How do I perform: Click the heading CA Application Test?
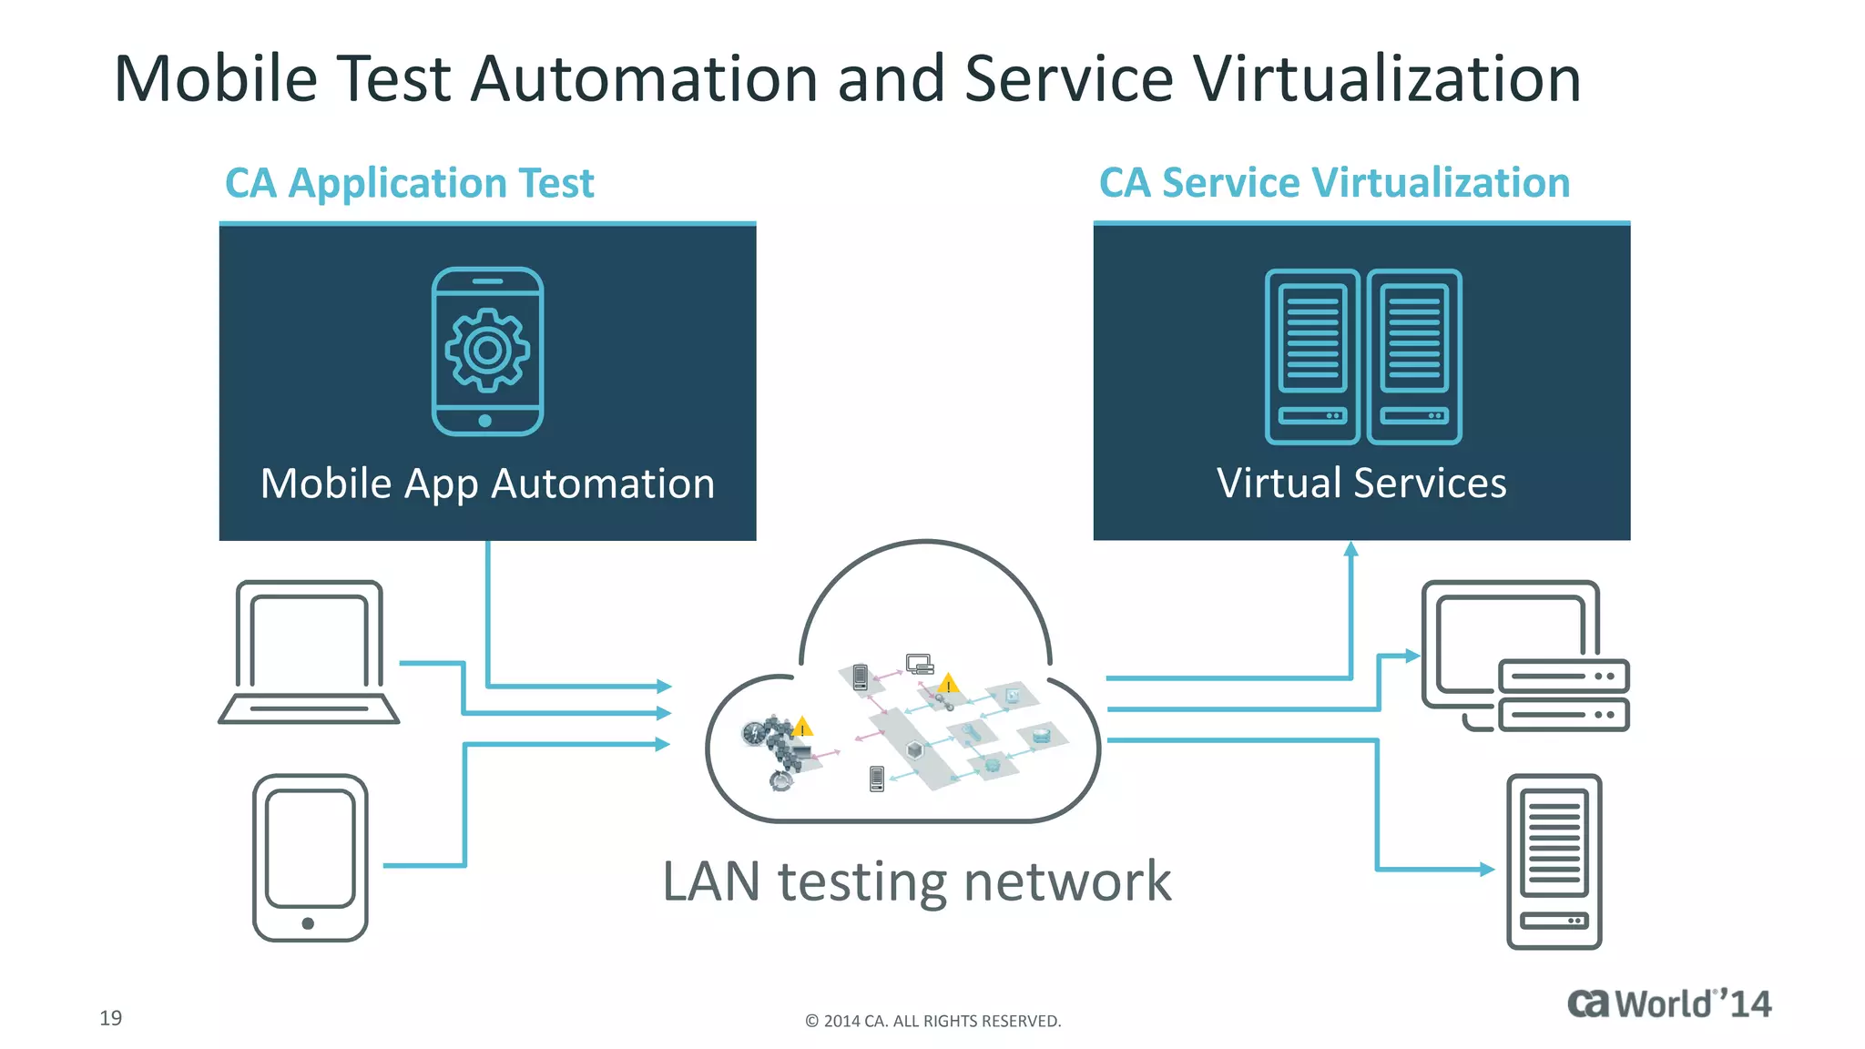(x=409, y=183)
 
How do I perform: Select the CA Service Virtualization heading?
(x=1334, y=183)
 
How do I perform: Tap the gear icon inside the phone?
(x=487, y=350)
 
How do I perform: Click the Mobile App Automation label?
(x=487, y=484)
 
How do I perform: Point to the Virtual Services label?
(x=1361, y=484)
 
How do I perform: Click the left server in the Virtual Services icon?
(x=1312, y=356)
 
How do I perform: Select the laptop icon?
(x=309, y=652)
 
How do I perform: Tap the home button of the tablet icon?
(x=308, y=923)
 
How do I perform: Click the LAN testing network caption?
(x=916, y=881)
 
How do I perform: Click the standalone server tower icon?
(x=1554, y=861)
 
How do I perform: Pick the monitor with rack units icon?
(x=1524, y=656)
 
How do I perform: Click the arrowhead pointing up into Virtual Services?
(x=1351, y=549)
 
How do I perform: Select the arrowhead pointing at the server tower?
(x=1487, y=870)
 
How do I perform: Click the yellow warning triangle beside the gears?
(x=802, y=727)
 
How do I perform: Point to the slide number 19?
(x=111, y=1018)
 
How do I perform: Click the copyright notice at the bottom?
(x=932, y=1022)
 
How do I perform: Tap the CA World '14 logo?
(x=1668, y=1003)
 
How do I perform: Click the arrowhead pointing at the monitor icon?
(x=1412, y=656)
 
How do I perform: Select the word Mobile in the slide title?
(x=215, y=79)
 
